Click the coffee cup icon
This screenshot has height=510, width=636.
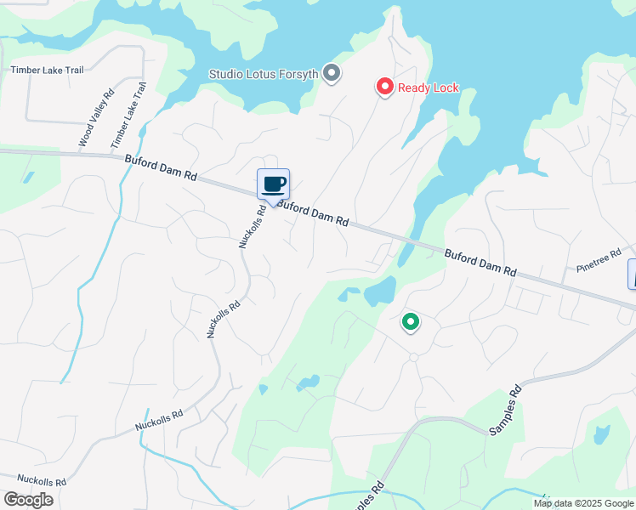pyautogui.click(x=274, y=184)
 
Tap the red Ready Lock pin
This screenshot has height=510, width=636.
pyautogui.click(x=384, y=87)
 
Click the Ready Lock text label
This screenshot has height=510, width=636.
pyautogui.click(x=429, y=88)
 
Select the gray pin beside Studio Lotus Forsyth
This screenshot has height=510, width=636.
pyautogui.click(x=332, y=74)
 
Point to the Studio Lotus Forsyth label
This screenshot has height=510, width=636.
pyautogui.click(x=264, y=74)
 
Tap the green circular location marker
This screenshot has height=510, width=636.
pyautogui.click(x=411, y=322)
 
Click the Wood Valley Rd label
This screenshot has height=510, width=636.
pyautogui.click(x=96, y=121)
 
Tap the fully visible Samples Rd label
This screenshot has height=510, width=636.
pyautogui.click(x=504, y=412)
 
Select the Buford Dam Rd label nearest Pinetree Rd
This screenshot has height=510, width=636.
pyautogui.click(x=480, y=262)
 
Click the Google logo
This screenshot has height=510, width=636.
pyautogui.click(x=28, y=500)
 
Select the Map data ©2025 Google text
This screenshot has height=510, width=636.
pyautogui.click(x=582, y=503)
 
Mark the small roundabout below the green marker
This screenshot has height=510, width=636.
pyautogui.click(x=413, y=357)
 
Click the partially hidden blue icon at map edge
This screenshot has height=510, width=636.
pyautogui.click(x=632, y=274)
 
